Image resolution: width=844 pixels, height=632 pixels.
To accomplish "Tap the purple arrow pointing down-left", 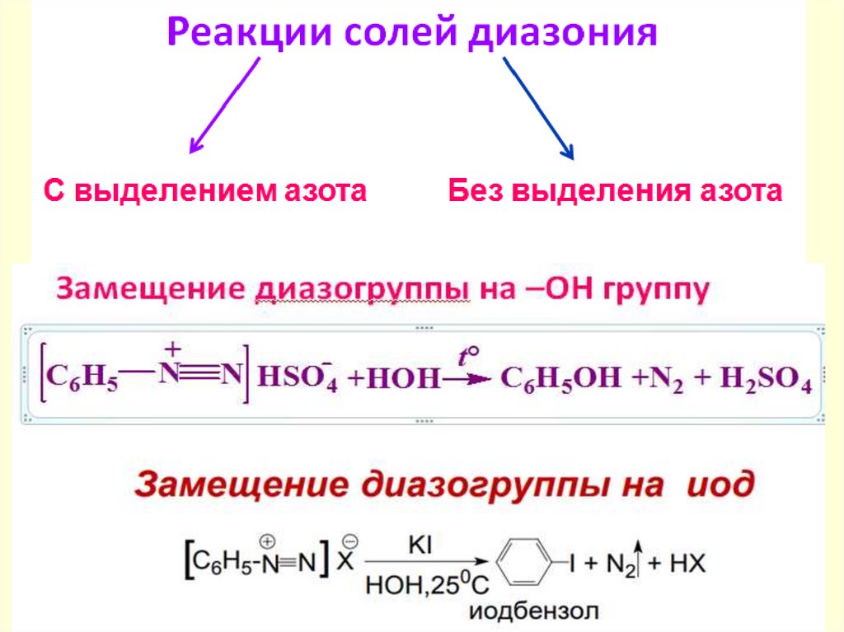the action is click(x=224, y=105).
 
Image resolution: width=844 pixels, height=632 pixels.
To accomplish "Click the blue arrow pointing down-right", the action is click(x=537, y=107).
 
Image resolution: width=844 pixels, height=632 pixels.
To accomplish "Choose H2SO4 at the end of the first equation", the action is click(x=767, y=381).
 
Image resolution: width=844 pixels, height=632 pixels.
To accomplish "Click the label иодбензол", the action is click(x=535, y=611).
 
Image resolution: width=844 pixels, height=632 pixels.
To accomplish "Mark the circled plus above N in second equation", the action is click(x=266, y=541).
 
